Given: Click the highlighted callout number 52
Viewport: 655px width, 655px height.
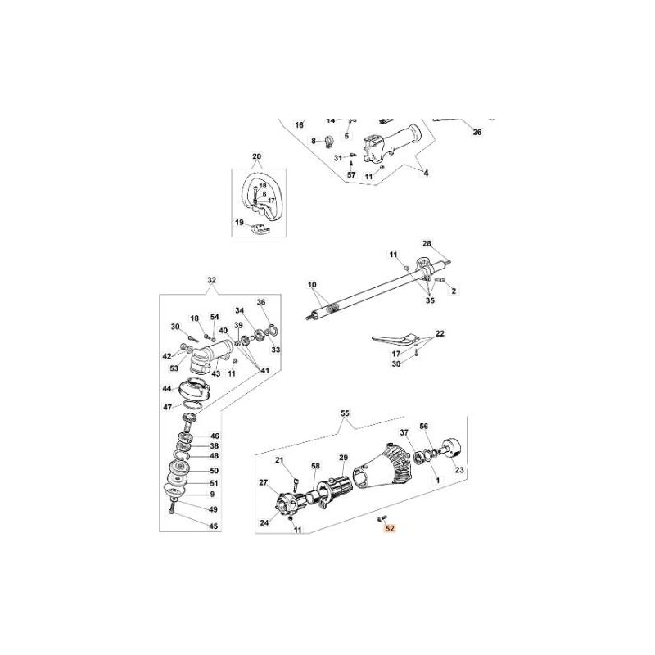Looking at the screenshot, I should pos(390,529).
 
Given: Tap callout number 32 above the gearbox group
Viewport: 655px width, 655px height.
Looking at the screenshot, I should pos(211,281).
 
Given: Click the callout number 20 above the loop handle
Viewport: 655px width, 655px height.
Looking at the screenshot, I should pos(256,156).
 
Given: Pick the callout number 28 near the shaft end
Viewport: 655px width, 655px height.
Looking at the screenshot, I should pos(427,244).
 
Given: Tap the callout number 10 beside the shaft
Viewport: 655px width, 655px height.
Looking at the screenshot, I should pos(312,285).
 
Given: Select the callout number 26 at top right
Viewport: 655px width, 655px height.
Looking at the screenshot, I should pos(477,132).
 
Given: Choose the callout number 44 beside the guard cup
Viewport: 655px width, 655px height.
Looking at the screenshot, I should pos(167,389).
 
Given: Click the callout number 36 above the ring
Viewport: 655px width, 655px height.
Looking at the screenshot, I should pos(262,301).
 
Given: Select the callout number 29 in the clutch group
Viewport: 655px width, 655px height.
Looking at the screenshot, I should pos(344,457).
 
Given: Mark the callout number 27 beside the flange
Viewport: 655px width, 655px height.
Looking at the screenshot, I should pos(264,482).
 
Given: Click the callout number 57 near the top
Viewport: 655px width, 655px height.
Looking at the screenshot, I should pos(350,175).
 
